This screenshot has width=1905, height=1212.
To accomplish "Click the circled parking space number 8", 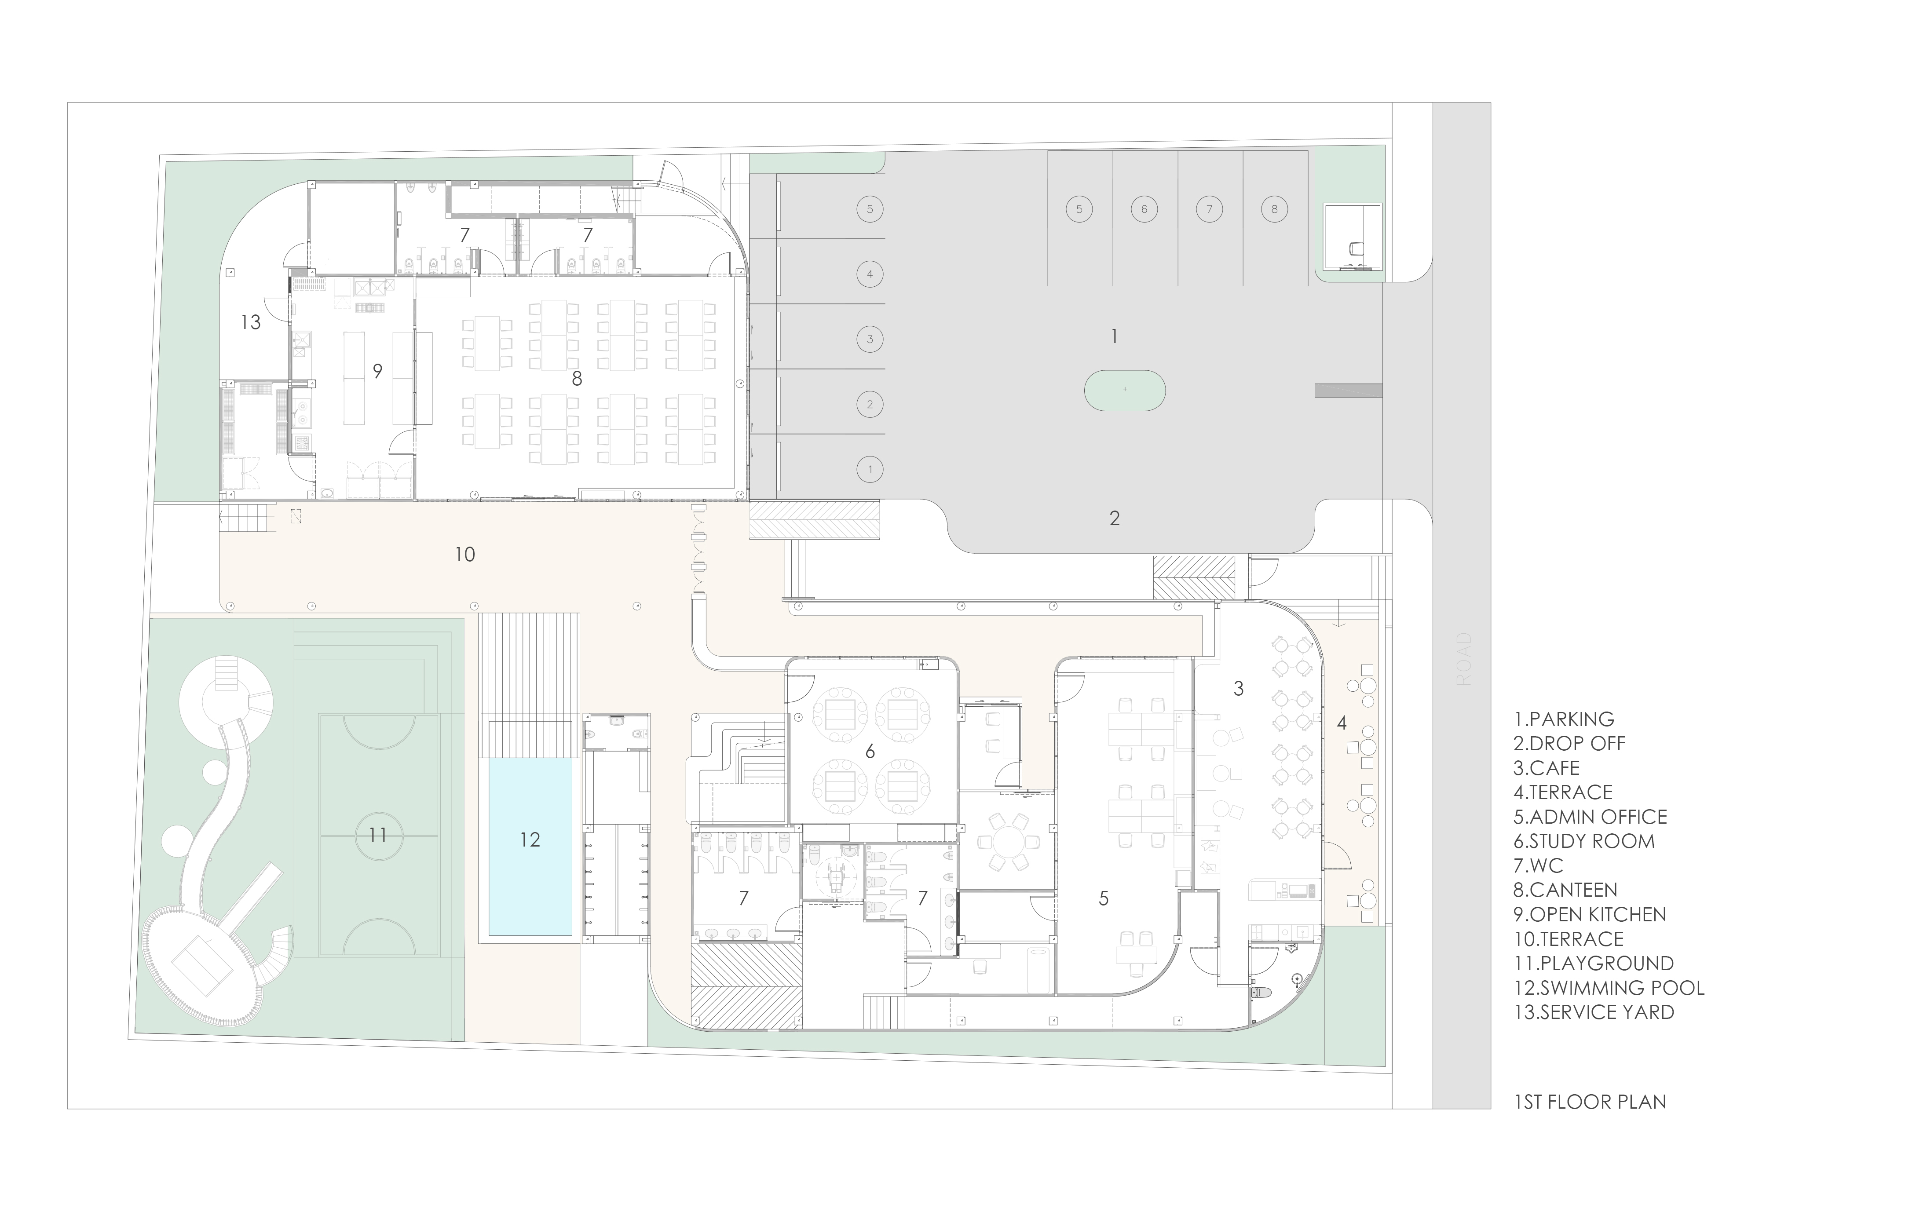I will (1274, 210).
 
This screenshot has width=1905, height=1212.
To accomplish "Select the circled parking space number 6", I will (1144, 210).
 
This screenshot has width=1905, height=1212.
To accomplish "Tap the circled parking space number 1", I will (870, 469).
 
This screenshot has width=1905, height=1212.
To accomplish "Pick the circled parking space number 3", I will (870, 340).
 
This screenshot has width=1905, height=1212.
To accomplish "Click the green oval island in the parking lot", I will (1124, 390).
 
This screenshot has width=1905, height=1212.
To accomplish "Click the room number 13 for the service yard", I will (251, 322).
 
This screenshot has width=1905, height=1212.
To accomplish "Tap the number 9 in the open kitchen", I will (377, 371).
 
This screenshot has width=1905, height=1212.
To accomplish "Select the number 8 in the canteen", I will (577, 379).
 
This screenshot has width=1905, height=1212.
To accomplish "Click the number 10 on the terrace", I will (464, 555).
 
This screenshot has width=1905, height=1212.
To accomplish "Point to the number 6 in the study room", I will (870, 752).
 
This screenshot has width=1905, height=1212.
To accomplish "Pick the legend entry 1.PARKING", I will (1563, 719).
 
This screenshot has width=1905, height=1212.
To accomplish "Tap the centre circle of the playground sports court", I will (378, 835).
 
